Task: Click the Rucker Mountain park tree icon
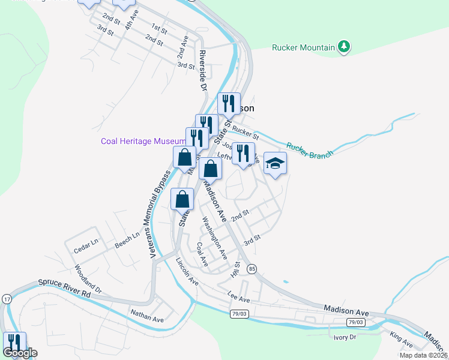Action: [x=344, y=46]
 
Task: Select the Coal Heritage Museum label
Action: [x=143, y=141]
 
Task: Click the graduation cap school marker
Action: [x=275, y=163]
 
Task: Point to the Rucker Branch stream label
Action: [x=310, y=151]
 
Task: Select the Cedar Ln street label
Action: [x=85, y=246]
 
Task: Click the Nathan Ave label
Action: [x=147, y=316]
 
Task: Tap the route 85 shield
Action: [x=252, y=268]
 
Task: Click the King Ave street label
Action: [x=401, y=340]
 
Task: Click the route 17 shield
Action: [x=7, y=299]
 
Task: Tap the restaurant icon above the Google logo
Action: [x=14, y=343]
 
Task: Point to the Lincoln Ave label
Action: [x=187, y=271]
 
